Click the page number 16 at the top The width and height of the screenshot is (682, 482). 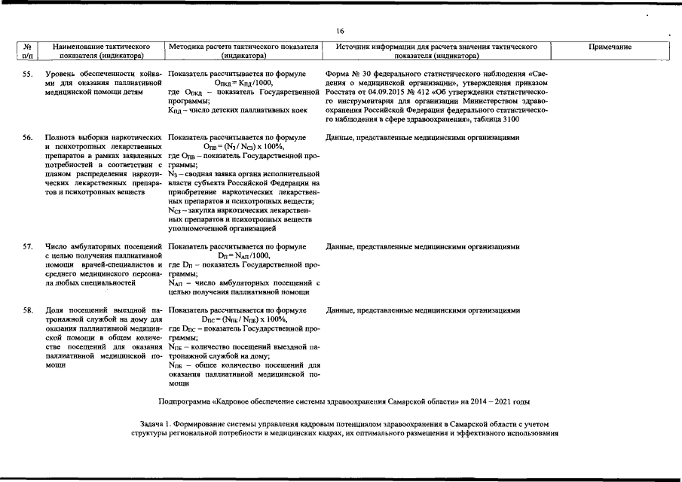click(x=341, y=31)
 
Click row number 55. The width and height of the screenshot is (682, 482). click(x=27, y=74)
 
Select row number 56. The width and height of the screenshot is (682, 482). click(x=27, y=138)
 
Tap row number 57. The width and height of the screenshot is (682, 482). click(x=27, y=246)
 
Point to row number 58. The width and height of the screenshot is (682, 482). click(x=27, y=310)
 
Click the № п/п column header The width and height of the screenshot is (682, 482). click(x=28, y=51)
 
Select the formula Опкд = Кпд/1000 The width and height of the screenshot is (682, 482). click(x=243, y=83)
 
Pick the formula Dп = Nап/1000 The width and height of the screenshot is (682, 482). click(x=243, y=255)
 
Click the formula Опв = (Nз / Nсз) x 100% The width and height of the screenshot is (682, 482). click(x=243, y=147)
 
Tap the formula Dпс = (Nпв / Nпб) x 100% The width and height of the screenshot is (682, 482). click(x=243, y=319)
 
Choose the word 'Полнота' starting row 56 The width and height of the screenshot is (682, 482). click(x=60, y=138)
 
